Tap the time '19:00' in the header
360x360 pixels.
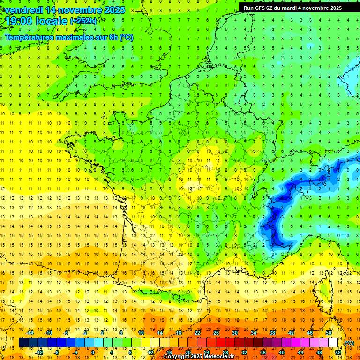(x=19, y=21)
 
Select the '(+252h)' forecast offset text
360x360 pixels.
(x=83, y=21)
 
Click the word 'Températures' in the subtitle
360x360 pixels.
(x=29, y=37)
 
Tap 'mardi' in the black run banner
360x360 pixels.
(x=297, y=7)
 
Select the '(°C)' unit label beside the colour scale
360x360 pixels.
(x=349, y=343)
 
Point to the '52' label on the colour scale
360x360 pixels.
(x=337, y=352)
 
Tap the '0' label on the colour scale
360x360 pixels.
(x=92, y=352)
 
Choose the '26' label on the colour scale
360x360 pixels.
(x=216, y=333)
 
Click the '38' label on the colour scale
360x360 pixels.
(x=272, y=333)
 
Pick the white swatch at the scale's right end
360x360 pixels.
(x=333, y=343)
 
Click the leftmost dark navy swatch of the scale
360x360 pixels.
(x=23, y=343)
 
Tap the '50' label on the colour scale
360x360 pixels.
(x=329, y=333)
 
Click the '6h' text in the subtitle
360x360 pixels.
(x=112, y=37)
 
